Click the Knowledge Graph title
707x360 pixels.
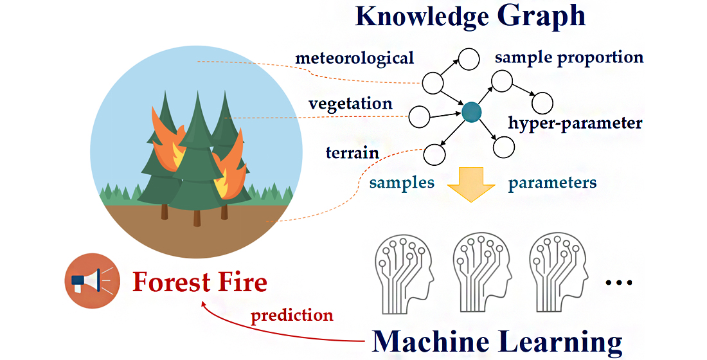coord(470,16)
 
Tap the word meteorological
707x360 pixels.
coord(355,59)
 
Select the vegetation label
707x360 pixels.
coord(350,104)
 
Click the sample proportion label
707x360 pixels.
coord(569,57)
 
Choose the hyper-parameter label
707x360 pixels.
coord(575,123)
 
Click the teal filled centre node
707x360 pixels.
coord(472,112)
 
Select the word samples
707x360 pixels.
coord(402,183)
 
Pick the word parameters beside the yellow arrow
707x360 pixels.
coord(552,183)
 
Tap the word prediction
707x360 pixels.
coord(292,316)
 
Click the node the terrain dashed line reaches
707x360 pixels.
coord(435,154)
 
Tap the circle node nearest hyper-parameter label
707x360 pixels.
coord(542,102)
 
